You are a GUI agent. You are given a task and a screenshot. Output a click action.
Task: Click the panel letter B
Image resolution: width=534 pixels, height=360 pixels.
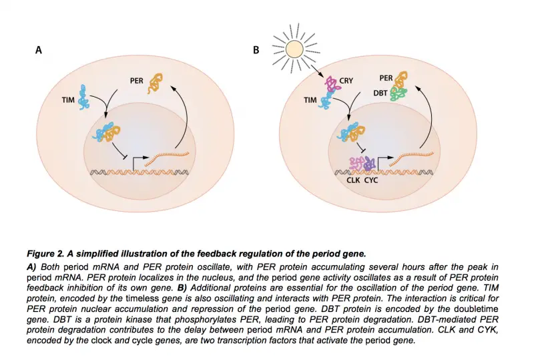coord(256,50)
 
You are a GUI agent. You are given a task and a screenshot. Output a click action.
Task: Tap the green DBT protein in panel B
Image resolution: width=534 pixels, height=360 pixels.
coord(400,94)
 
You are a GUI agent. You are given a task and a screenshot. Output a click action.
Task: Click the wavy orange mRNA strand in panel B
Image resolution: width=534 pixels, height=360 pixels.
coord(413,158)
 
